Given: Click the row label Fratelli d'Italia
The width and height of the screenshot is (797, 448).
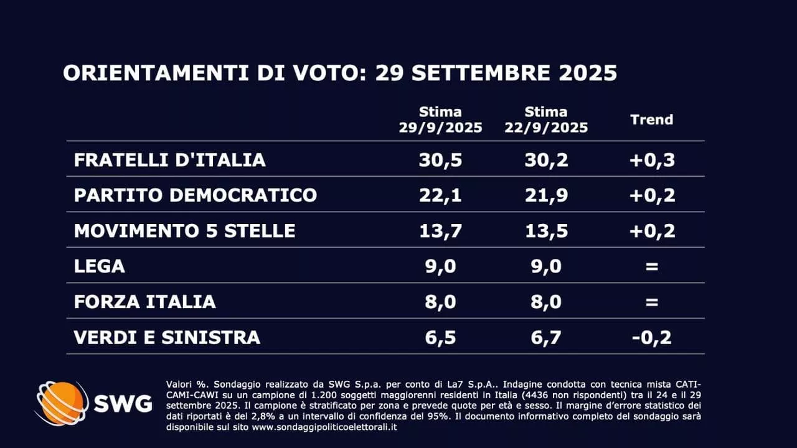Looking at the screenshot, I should pyautogui.click(x=169, y=160).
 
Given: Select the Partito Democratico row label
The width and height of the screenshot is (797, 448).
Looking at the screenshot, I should pyautogui.click(x=196, y=195).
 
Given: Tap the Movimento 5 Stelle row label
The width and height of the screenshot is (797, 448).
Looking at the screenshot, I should pyautogui.click(x=184, y=231).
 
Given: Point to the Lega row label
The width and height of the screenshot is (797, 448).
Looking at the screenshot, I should pyautogui.click(x=100, y=266).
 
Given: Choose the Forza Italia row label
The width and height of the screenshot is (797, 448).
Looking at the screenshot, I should pyautogui.click(x=144, y=302).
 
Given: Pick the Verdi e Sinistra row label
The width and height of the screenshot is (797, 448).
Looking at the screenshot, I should pyautogui.click(x=167, y=337).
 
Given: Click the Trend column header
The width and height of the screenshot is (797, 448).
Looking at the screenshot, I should pyautogui.click(x=651, y=119).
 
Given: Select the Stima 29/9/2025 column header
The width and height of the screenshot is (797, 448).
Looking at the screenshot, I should pyautogui.click(x=440, y=119).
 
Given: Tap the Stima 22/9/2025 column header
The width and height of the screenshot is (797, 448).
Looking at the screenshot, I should pyautogui.click(x=546, y=119).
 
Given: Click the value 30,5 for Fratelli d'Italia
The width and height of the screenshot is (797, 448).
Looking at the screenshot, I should pyautogui.click(x=440, y=160).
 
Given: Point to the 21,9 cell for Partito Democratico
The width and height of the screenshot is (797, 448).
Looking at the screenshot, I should pyautogui.click(x=546, y=195).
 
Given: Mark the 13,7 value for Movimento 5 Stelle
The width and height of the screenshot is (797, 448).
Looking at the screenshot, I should pyautogui.click(x=440, y=231).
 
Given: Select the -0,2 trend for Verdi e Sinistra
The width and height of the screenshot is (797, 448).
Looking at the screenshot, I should pyautogui.click(x=651, y=337).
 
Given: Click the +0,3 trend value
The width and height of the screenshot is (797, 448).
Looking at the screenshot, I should pyautogui.click(x=651, y=160).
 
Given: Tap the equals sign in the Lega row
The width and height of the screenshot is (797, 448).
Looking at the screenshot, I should pyautogui.click(x=651, y=266).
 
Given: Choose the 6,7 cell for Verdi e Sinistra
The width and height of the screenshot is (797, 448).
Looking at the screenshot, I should pyautogui.click(x=546, y=337).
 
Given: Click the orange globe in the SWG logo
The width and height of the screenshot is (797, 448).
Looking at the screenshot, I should pyautogui.click(x=62, y=403).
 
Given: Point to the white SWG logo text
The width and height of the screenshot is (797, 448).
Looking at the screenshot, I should pyautogui.click(x=123, y=404).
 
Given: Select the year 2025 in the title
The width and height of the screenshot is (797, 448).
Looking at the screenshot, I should pyautogui.click(x=587, y=73).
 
